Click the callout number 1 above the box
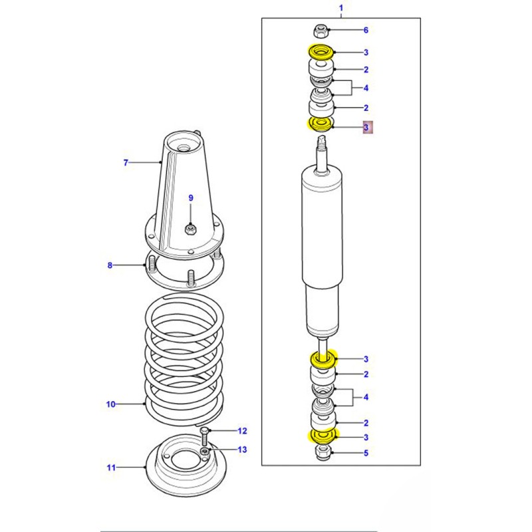(341, 8)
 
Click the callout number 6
(365, 30)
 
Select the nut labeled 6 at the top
(320, 30)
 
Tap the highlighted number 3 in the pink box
(368, 126)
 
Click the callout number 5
(365, 454)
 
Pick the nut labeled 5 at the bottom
(323, 454)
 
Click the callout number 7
(124, 162)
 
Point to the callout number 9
(190, 198)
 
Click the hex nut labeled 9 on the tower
(190, 230)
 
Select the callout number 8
(110, 265)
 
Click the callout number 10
(110, 404)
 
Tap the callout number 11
(110, 467)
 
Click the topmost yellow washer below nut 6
(321, 52)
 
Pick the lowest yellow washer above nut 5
(323, 437)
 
